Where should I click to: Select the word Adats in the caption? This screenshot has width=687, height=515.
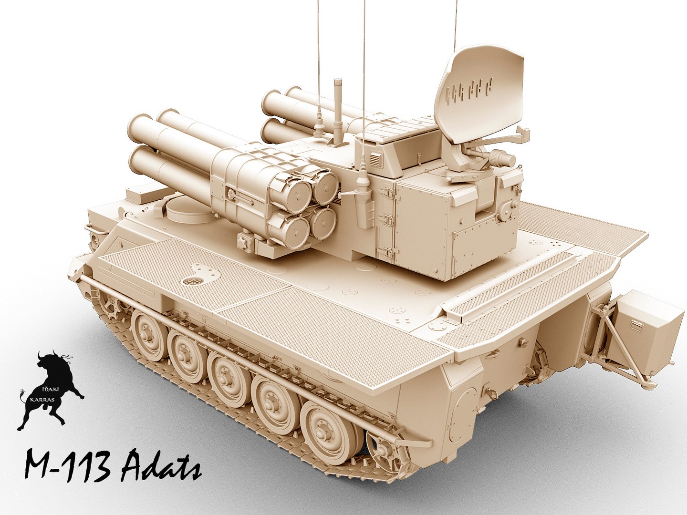tap(160, 465)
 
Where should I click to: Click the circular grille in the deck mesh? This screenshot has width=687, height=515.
tap(192, 282)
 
